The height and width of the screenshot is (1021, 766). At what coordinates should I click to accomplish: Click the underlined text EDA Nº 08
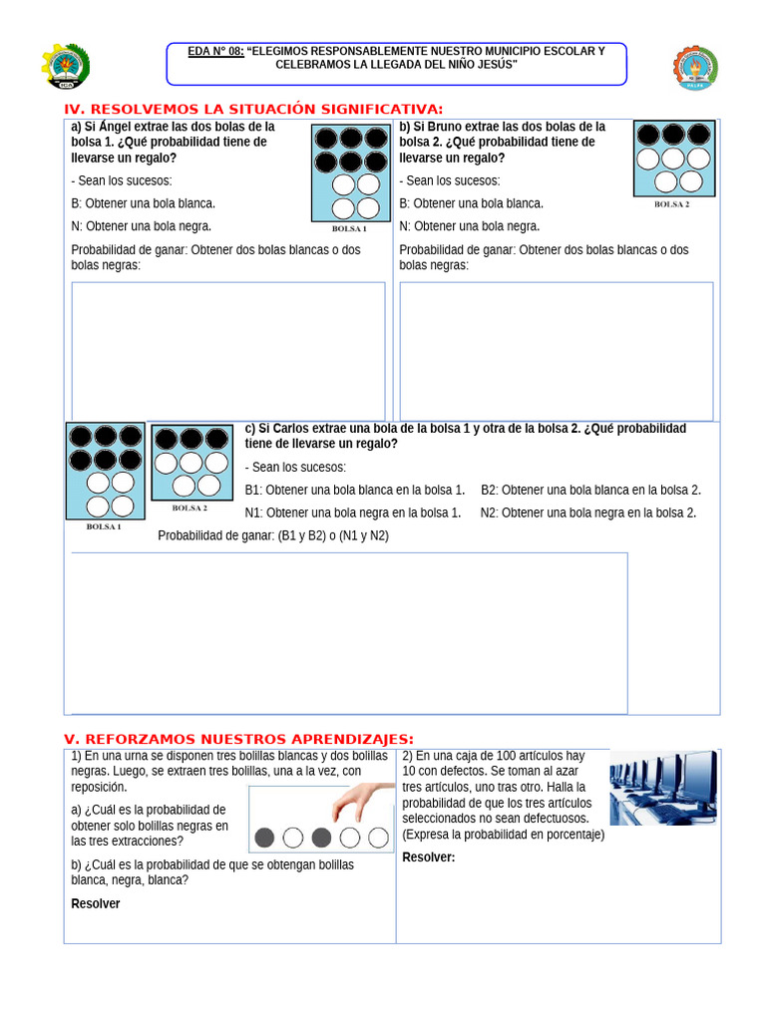(215, 51)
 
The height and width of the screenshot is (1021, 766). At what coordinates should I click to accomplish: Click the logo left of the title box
(66, 67)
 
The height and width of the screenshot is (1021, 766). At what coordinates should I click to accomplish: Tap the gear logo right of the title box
(695, 68)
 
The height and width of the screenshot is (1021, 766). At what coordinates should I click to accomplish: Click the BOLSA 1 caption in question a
(349, 228)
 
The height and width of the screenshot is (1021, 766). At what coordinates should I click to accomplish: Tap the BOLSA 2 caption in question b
(671, 203)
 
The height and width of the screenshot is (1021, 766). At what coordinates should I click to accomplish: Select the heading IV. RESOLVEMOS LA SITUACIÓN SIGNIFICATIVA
(253, 109)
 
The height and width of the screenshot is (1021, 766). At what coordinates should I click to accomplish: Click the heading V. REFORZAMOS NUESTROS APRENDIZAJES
(238, 738)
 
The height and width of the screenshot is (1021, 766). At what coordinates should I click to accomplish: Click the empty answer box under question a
(228, 350)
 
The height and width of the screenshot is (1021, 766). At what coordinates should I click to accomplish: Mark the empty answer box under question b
(556, 350)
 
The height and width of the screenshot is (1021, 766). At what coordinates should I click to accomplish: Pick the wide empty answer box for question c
(349, 632)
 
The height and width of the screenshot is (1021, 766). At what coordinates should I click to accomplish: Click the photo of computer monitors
(663, 788)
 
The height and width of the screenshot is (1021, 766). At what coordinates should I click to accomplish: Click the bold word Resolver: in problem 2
(429, 857)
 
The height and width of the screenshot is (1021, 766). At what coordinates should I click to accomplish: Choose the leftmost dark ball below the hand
(264, 838)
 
